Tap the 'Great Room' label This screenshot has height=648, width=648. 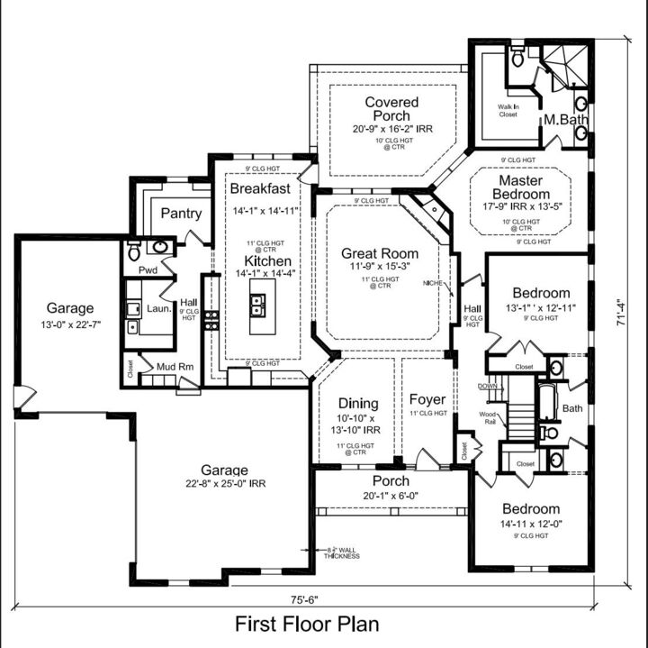point(380,253)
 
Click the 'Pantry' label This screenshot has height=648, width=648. point(181,214)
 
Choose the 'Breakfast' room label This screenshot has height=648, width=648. point(260,188)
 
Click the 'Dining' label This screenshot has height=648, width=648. point(357,403)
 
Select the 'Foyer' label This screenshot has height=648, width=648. point(427,399)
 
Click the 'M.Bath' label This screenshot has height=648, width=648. point(564,119)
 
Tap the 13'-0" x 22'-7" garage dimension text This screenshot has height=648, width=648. point(69,324)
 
